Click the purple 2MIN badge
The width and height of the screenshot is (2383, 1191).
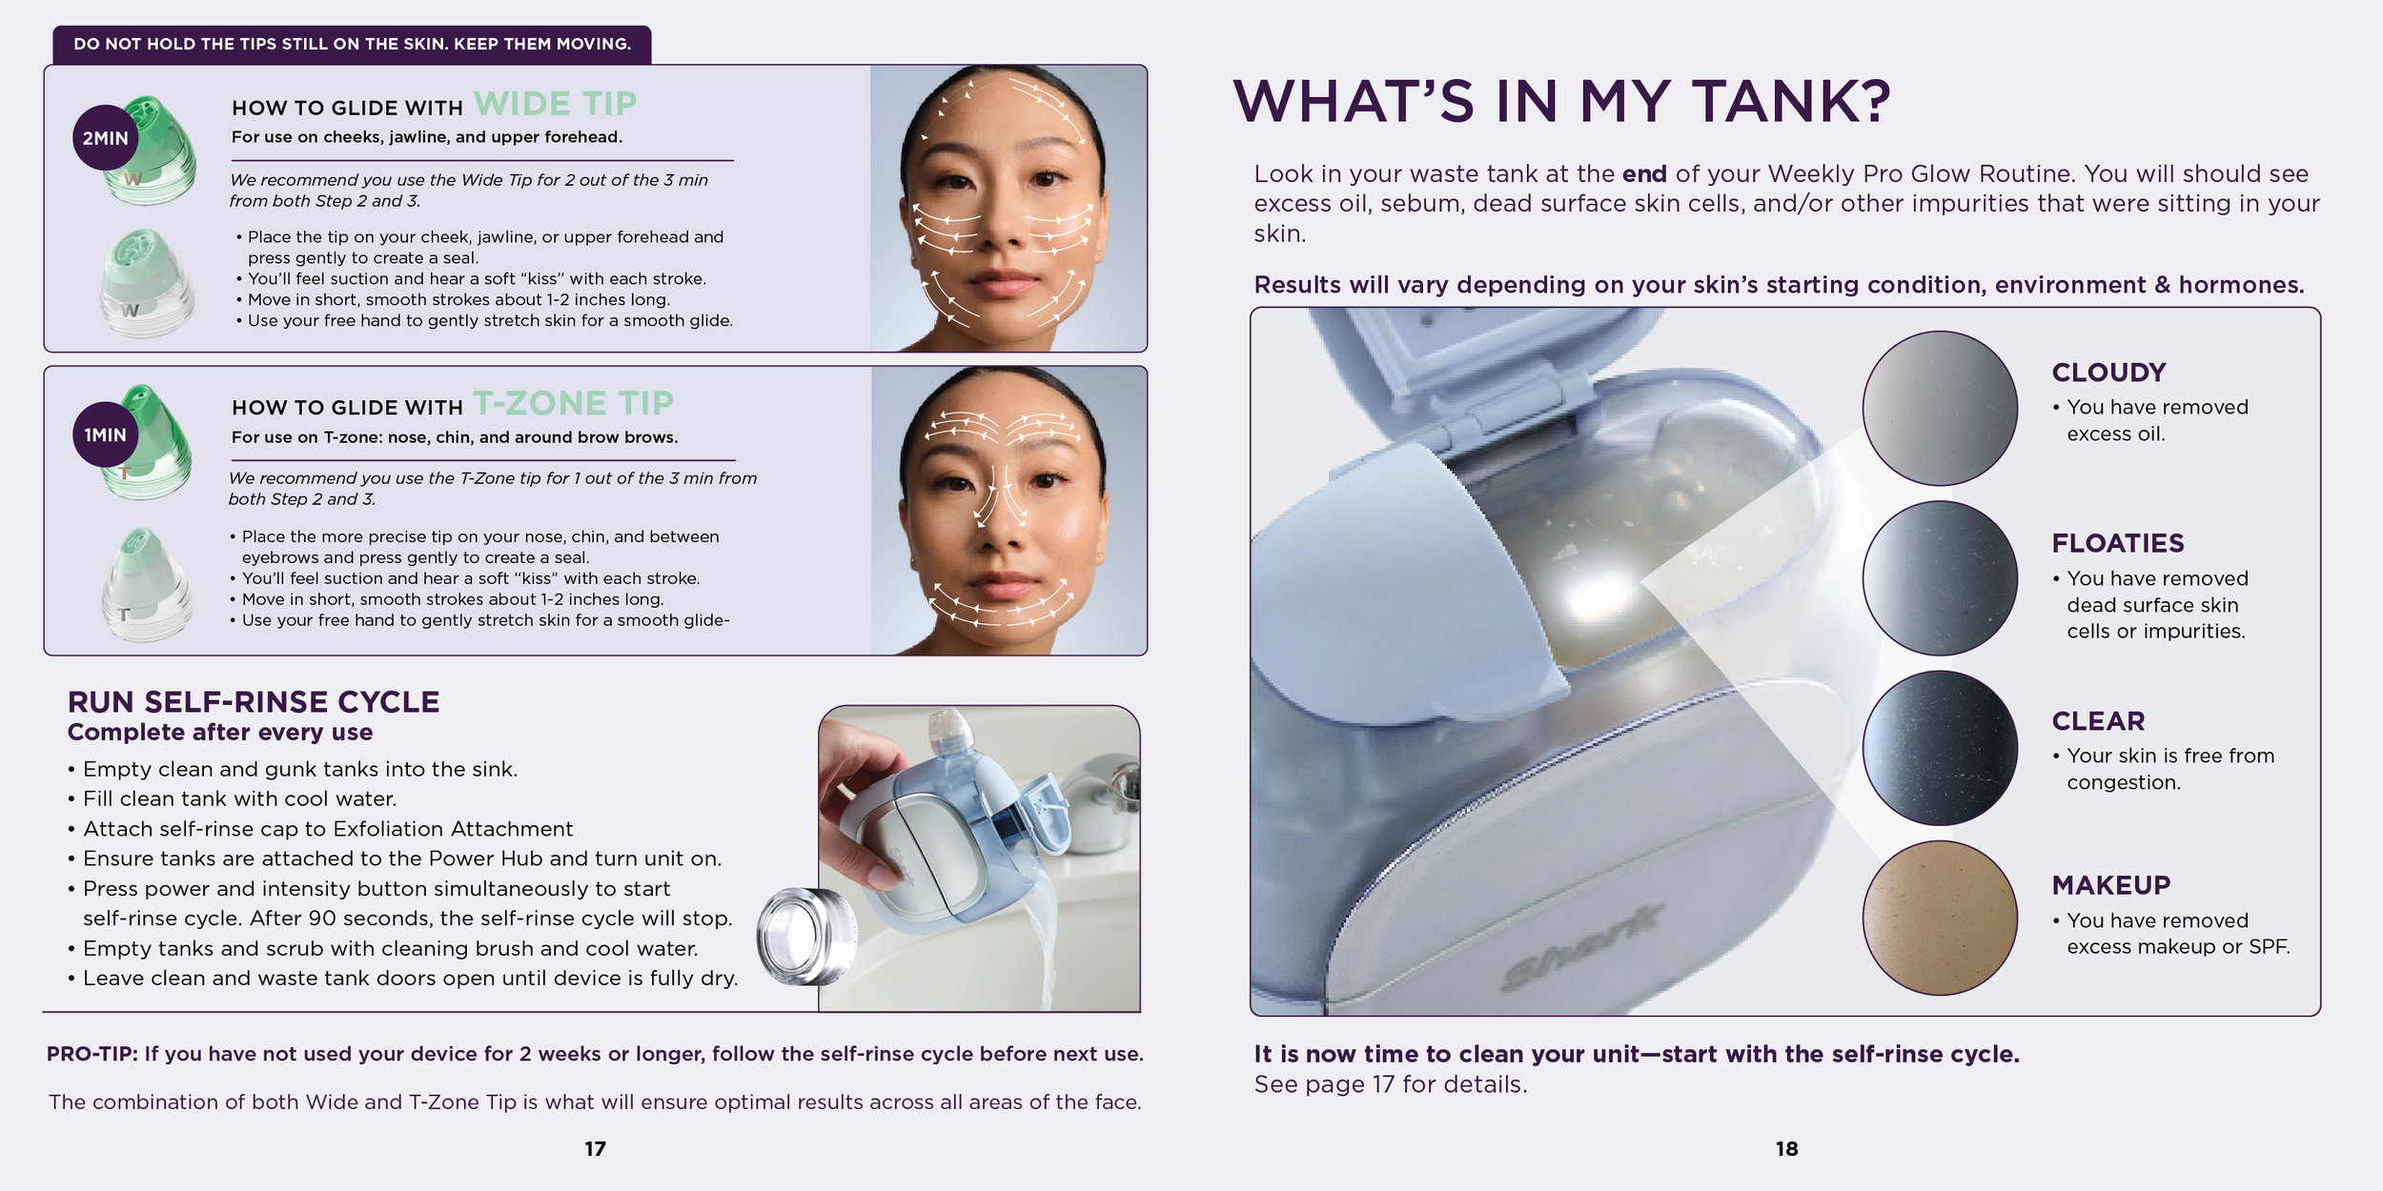click(105, 138)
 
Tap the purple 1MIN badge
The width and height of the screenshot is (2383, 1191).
click(105, 434)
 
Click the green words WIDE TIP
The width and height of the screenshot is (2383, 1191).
click(555, 103)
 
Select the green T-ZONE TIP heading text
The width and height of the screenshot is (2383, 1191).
click(573, 403)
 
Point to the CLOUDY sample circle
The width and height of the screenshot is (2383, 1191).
click(1940, 408)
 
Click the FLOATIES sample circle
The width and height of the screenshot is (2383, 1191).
click(1940, 578)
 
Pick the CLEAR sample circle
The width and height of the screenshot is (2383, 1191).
click(1940, 748)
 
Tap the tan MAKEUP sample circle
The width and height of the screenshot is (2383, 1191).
click(1940, 918)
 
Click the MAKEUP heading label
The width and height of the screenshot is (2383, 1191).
click(2111, 885)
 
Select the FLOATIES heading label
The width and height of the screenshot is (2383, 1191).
click(2118, 543)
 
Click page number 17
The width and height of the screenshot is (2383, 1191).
click(595, 1149)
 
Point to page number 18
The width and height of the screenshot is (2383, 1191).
click(1786, 1149)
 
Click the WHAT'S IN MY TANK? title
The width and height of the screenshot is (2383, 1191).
click(1562, 101)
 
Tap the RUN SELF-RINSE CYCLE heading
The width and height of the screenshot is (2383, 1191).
click(254, 702)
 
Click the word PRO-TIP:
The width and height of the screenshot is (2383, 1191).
click(92, 1054)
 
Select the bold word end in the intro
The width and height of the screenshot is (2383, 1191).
click(1644, 174)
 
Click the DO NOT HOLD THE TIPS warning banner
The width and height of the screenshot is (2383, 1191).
click(352, 45)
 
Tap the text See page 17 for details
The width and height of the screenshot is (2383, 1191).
click(1391, 1084)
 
